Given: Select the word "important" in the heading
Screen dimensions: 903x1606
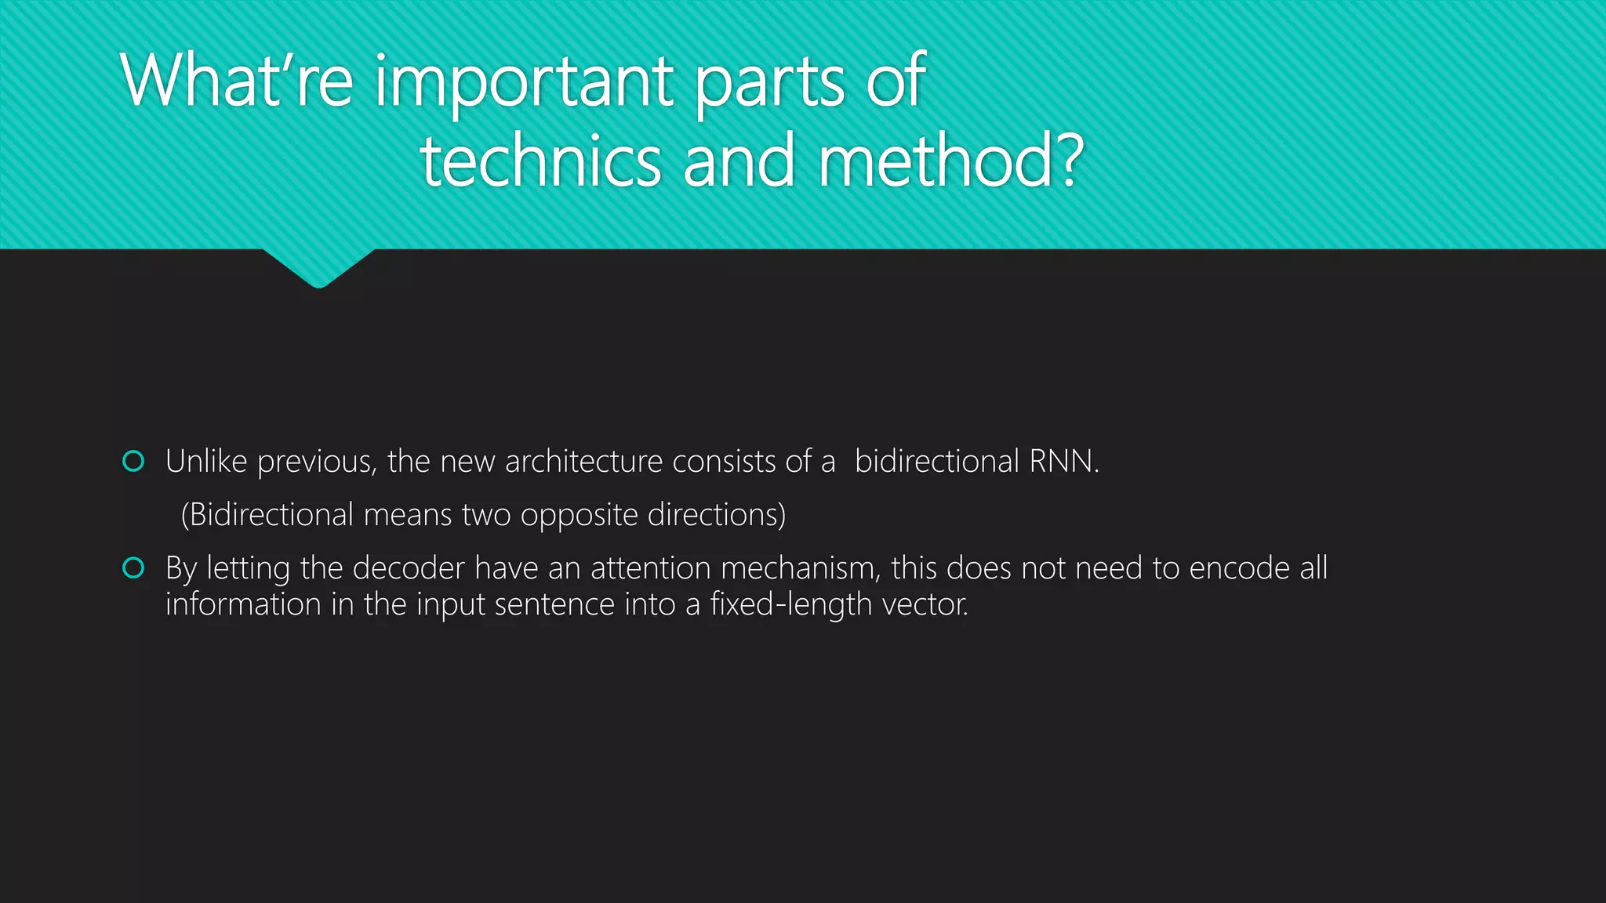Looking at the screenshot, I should point(524,82).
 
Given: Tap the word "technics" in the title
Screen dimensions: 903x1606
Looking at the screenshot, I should point(540,161).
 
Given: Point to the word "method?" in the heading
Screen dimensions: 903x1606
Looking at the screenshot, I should point(951,161).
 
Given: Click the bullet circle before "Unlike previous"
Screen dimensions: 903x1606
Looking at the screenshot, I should point(133,462).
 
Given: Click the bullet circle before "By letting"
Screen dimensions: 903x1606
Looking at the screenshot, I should point(133,568).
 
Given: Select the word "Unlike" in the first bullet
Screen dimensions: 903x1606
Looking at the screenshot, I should point(206,462).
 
